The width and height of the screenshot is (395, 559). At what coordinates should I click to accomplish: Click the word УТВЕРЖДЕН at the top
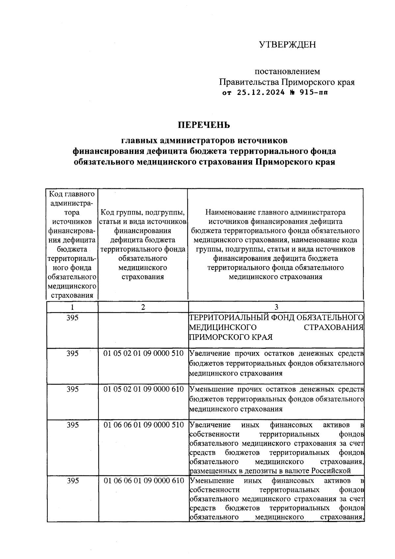(x=287, y=44)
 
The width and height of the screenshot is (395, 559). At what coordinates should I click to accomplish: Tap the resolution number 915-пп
(x=314, y=93)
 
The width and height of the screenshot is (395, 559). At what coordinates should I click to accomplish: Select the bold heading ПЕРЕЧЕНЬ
(x=204, y=125)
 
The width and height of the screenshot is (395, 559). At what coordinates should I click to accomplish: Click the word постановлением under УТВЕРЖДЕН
(x=287, y=71)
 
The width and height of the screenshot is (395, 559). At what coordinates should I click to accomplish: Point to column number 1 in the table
(x=72, y=307)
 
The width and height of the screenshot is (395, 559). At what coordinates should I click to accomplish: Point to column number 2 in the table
(x=143, y=307)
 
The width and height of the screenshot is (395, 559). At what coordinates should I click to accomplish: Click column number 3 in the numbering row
(x=276, y=307)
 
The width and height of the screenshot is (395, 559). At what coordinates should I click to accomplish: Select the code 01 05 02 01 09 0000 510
(x=144, y=353)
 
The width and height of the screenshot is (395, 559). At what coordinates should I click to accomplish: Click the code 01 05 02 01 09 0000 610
(x=144, y=389)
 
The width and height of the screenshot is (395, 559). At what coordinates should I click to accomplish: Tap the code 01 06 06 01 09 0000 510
(x=144, y=425)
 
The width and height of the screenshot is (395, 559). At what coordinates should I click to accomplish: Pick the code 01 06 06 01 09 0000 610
(x=144, y=481)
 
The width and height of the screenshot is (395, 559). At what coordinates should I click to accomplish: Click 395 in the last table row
(x=72, y=481)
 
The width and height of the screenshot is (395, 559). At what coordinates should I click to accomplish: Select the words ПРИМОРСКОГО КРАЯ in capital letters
(x=230, y=337)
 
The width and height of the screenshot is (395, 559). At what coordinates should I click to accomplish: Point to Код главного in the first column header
(x=72, y=194)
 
